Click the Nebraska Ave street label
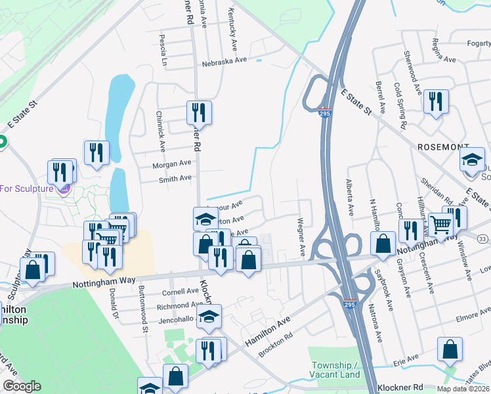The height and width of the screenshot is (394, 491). coord(224,60)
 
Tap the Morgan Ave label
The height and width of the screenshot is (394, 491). coord(171,164)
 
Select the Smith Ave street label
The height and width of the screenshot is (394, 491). coord(175,178)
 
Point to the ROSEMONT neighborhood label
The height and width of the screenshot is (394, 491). coord(443,148)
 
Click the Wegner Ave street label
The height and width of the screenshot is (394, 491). coord(302,236)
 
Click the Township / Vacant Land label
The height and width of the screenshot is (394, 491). coord(335,370)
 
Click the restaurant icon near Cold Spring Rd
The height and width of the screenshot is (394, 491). coord(435,102)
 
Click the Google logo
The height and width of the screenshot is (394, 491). coord(22,387)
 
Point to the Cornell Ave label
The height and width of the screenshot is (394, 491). coord(180,292)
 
